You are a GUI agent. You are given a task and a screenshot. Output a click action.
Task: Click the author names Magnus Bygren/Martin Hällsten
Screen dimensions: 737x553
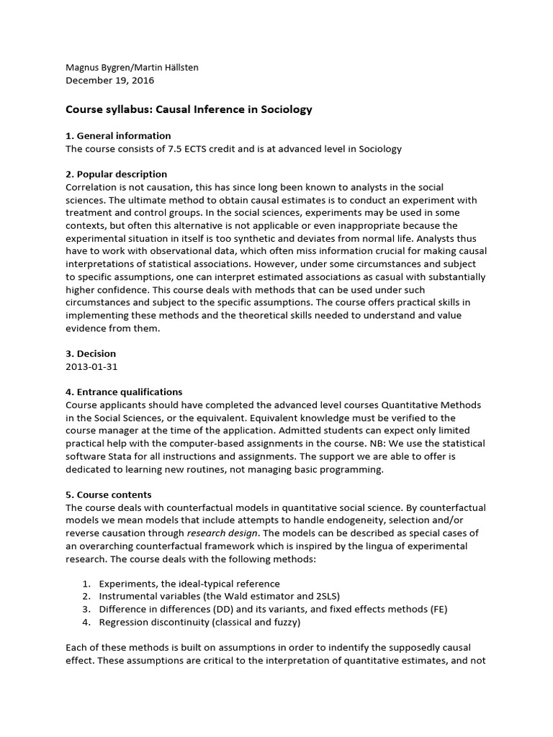tap(132, 67)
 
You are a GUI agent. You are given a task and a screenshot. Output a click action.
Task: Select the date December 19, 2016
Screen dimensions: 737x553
tap(106, 80)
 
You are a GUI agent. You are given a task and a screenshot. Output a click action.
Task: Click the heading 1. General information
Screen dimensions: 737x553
tap(118, 135)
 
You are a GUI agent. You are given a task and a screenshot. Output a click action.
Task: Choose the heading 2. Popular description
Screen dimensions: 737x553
tap(116, 174)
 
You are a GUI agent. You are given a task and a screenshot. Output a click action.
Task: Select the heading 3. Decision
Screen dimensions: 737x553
tap(90, 353)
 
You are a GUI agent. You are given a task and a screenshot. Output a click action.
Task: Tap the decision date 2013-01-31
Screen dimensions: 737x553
tap(91, 366)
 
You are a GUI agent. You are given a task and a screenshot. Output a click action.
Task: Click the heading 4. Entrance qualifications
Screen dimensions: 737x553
tap(123, 392)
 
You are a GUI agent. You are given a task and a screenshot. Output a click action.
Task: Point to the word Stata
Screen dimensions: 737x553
tap(122, 456)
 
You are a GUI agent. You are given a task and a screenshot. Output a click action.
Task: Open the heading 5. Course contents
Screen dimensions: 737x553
tap(108, 494)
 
